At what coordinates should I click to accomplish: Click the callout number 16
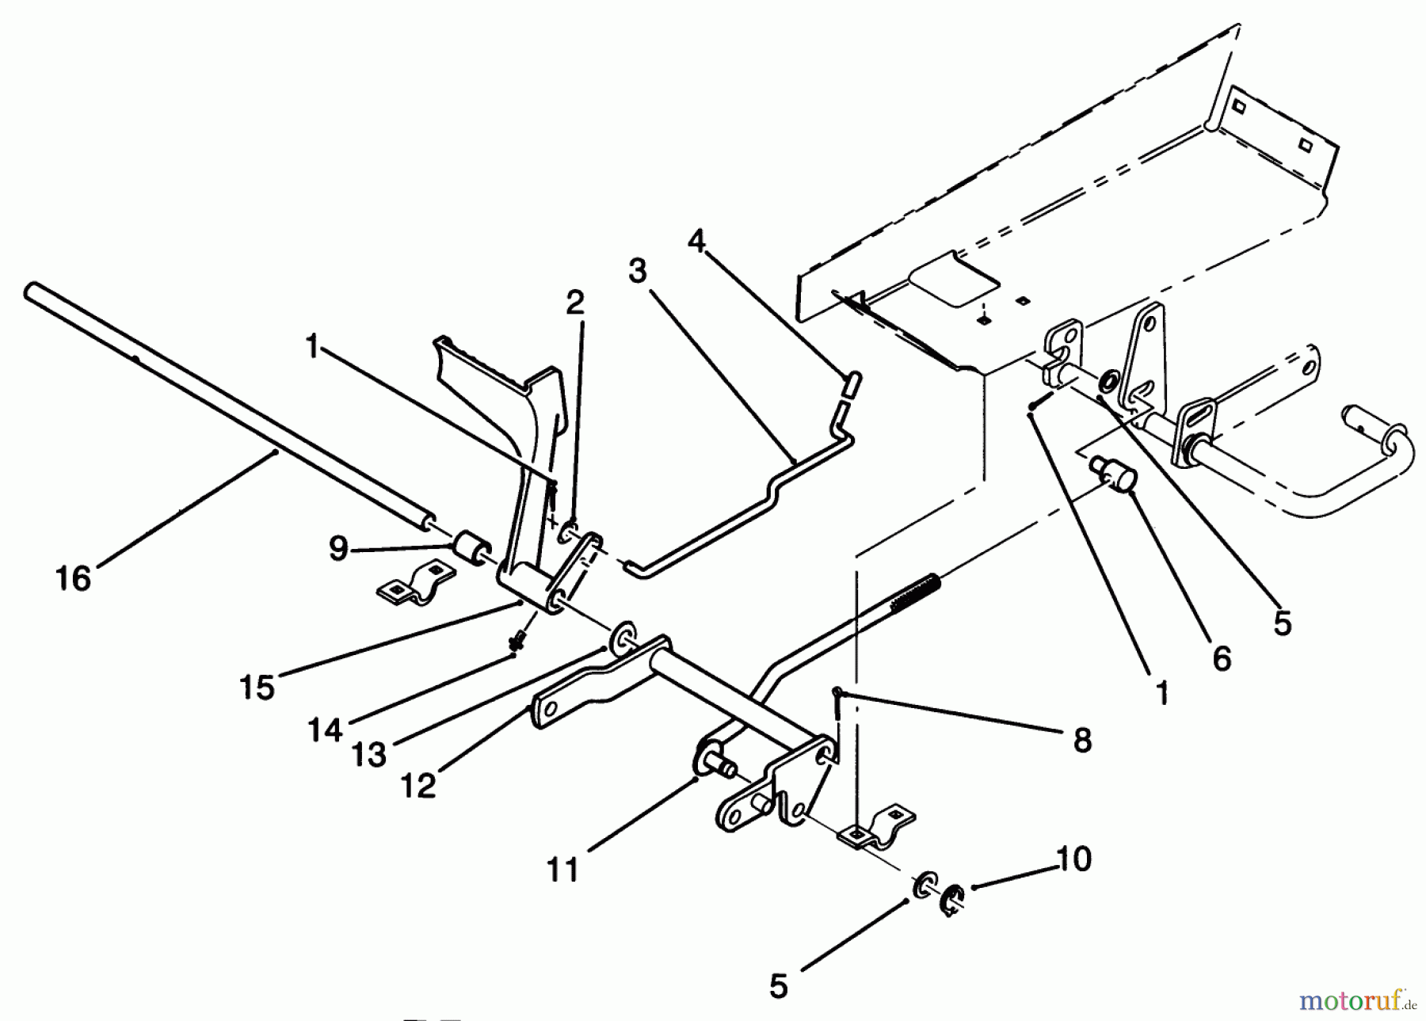pyautogui.click(x=74, y=578)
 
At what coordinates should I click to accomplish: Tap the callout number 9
pyautogui.click(x=339, y=548)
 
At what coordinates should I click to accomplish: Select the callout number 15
pyautogui.click(x=257, y=687)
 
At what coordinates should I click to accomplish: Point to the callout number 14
pyautogui.click(x=326, y=730)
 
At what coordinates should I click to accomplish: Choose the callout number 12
pyautogui.click(x=418, y=786)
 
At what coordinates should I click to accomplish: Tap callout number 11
pyautogui.click(x=562, y=870)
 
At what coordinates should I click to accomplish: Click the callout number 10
pyautogui.click(x=1074, y=859)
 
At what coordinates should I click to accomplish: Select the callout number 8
pyautogui.click(x=1081, y=741)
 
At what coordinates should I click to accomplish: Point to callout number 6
pyautogui.click(x=1222, y=657)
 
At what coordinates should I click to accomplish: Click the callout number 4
pyautogui.click(x=696, y=241)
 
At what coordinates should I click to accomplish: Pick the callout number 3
pyautogui.click(x=637, y=271)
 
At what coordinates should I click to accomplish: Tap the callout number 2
pyautogui.click(x=575, y=302)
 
